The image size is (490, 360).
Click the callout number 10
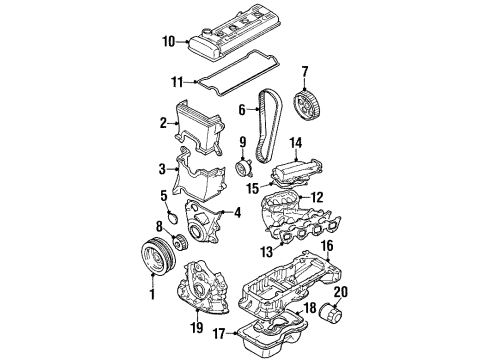pos(169,41)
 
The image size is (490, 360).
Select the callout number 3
pos(161,169)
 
